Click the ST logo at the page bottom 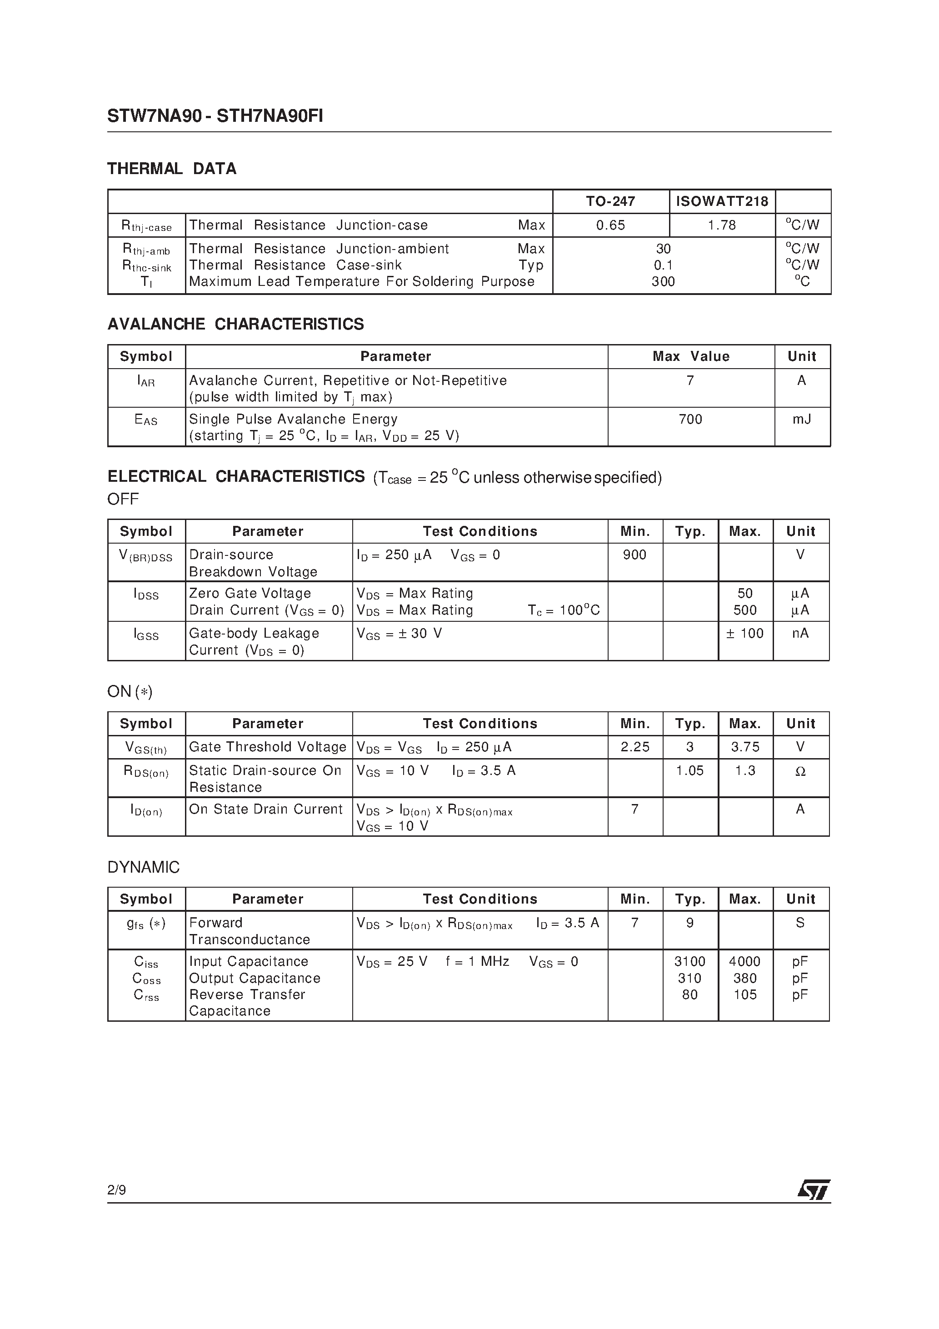click(814, 1190)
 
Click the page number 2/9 click(117, 1189)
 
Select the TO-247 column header click(610, 201)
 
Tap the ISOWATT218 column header click(722, 201)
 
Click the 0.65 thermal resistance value click(610, 225)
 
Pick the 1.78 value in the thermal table click(722, 225)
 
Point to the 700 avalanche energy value click(690, 419)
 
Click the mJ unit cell click(802, 419)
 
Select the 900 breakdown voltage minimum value click(634, 555)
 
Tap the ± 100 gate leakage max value click(745, 633)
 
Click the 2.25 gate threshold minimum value click(635, 747)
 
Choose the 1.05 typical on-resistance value click(690, 771)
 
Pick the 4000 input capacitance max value click(744, 961)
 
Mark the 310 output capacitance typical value click(689, 978)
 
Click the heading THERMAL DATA click(172, 169)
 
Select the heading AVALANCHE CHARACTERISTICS click(235, 324)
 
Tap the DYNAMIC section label click(144, 867)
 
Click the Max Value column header click(691, 356)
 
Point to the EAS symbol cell click(146, 420)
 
